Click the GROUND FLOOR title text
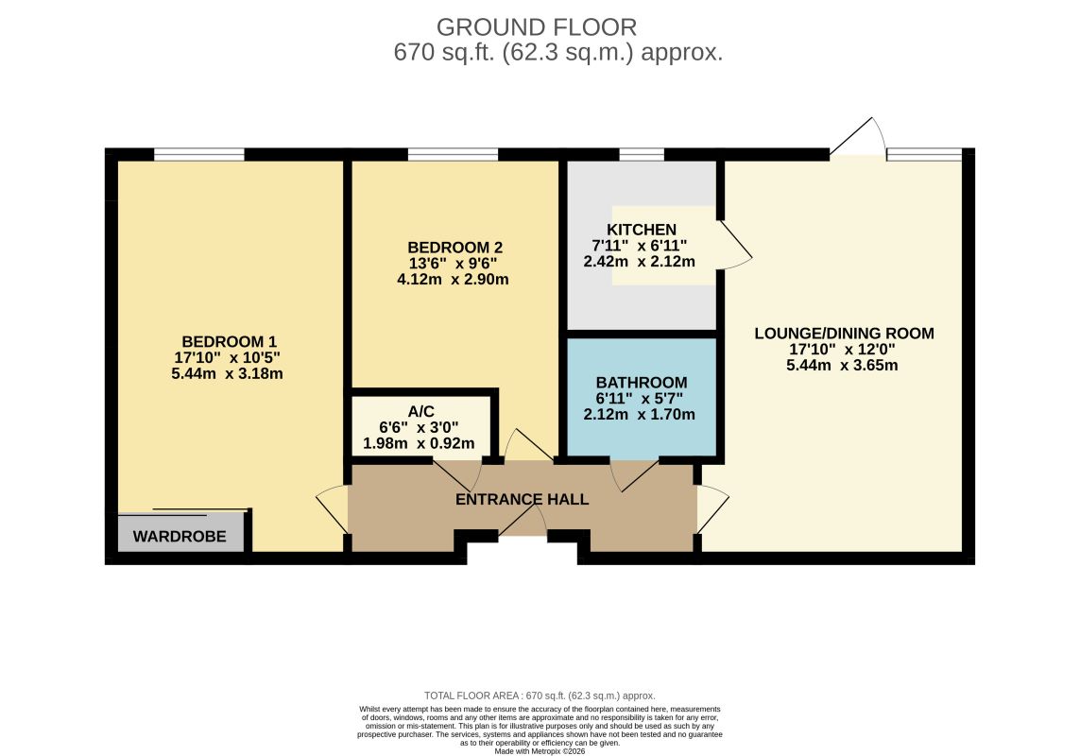coord(537,27)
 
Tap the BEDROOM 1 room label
coord(230,342)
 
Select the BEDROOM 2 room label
coord(455,248)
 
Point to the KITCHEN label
coord(642,230)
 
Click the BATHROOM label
coord(642,383)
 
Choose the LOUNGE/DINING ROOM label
coord(845,334)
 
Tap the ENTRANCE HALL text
coord(523,499)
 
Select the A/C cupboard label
coord(420,411)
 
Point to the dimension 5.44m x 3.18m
coord(228,373)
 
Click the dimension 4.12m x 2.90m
coord(454,279)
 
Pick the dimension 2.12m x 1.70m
coord(639,414)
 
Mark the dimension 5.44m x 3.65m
coord(843,366)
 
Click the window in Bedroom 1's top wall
coord(199,154)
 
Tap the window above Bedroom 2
coord(454,154)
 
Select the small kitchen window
coord(642,154)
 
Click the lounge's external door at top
coord(858,138)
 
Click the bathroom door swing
coord(635,475)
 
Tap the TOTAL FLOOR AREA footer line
coord(540,696)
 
